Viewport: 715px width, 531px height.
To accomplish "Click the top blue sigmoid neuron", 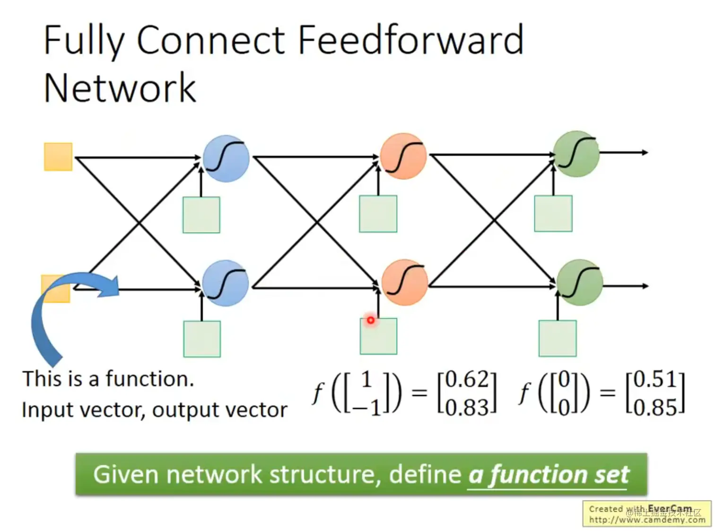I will (x=226, y=158).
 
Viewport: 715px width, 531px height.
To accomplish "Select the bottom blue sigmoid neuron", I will (x=226, y=283).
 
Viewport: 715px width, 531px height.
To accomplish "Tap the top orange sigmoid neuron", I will (x=403, y=156).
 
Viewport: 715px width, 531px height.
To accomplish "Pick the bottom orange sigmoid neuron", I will (x=404, y=282).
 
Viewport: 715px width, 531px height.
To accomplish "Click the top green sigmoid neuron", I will (x=576, y=154).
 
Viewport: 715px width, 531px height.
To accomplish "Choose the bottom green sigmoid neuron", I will (x=579, y=282).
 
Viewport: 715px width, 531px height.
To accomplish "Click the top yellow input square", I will (x=58, y=157).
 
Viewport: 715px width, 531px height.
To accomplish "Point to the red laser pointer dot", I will (x=370, y=320).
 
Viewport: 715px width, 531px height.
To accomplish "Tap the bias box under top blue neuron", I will (x=201, y=215).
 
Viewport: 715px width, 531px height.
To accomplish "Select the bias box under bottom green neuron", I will (x=558, y=338).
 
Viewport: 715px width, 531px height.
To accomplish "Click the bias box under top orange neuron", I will (x=378, y=214).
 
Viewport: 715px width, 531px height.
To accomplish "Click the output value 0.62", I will (x=467, y=379).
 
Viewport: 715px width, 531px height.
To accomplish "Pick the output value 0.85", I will (x=655, y=407).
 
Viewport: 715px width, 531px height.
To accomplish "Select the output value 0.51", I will (x=655, y=379).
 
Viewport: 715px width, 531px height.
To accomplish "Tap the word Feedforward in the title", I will (x=410, y=40).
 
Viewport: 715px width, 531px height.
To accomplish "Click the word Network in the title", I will (x=120, y=88).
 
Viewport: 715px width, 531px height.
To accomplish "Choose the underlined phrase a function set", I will (x=549, y=475).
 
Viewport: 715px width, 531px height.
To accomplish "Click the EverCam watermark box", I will (x=646, y=514).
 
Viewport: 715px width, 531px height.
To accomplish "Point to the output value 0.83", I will (x=467, y=407).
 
